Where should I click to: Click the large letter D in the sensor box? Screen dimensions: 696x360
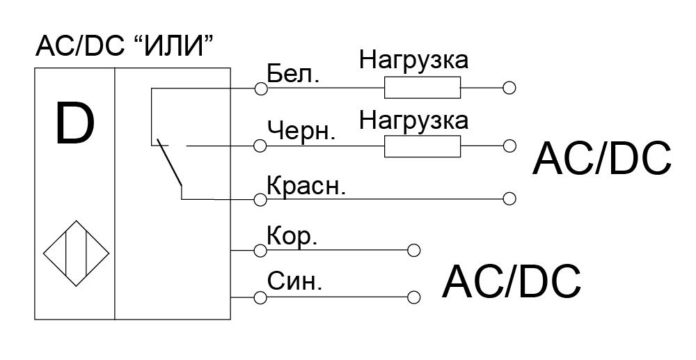74,123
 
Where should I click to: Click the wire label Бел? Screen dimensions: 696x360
293,75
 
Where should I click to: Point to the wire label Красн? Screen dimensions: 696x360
306,186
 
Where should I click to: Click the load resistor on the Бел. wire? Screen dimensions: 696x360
422,88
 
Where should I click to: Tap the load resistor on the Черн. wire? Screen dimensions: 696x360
422,146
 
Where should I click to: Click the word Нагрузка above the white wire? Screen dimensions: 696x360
413,61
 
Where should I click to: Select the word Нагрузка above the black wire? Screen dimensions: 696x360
413,119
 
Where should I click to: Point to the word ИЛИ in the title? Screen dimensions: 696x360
171,46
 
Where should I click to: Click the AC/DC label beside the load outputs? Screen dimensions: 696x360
602,159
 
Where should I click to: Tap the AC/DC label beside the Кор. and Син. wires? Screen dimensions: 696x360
512,281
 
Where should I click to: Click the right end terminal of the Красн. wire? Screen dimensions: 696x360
509,198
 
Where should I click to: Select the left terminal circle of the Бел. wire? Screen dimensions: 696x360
261,88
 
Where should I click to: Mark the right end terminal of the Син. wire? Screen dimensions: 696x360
413,297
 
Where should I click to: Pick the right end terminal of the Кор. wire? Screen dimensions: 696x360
413,251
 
